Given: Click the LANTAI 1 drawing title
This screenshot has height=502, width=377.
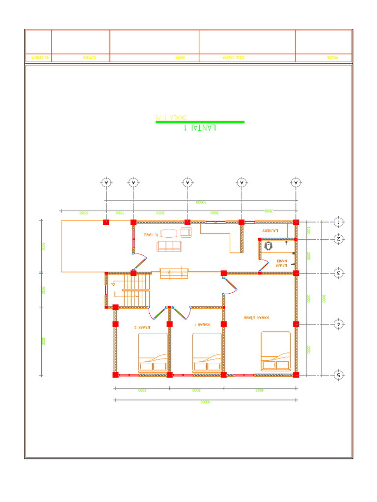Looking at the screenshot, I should pos(200,128).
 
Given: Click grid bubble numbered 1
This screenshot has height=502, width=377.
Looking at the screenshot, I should pos(339,222).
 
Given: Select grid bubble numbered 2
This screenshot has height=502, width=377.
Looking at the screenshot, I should pos(339,239).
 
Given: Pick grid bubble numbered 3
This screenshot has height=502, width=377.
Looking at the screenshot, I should pos(339,273).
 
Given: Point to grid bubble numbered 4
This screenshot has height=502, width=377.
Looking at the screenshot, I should pos(339,324).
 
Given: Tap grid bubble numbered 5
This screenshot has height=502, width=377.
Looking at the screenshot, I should pos(339,375).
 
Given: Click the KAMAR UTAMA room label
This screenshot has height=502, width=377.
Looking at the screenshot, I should pos(256,318).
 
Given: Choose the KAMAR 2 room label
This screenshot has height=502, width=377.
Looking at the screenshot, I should pos(142,326).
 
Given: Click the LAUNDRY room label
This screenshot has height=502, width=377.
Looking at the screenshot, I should pos(270,230).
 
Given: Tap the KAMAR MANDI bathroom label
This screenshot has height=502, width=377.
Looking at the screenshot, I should pos(281,263).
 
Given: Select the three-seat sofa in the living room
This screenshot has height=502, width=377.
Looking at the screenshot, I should pos(168,246).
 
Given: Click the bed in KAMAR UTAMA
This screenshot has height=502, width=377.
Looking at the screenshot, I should pos(276,351).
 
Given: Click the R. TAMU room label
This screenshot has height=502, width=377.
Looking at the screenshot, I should pos(149,235).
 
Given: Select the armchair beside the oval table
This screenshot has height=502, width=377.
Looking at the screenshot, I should pos(186,232).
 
